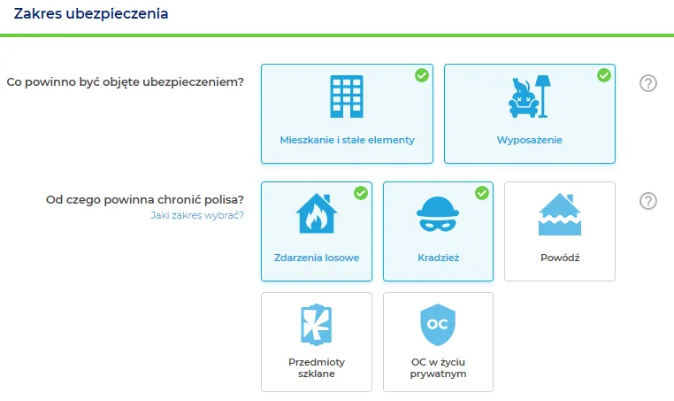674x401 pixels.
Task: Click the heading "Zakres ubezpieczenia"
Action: tap(91, 14)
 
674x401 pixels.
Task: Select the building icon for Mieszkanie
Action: tap(347, 96)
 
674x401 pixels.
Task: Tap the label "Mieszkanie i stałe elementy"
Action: tap(347, 140)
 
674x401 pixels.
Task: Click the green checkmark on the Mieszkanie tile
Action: tap(422, 75)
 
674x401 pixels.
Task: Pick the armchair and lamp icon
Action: tap(529, 96)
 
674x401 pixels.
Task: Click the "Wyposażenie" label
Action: tap(530, 140)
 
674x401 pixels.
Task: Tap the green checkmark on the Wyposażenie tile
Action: tap(604, 75)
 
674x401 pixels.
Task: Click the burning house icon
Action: tap(317, 213)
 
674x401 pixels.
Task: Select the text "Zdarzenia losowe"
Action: tap(317, 258)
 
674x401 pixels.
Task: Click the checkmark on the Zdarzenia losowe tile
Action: tap(361, 193)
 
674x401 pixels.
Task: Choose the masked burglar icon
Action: tap(438, 214)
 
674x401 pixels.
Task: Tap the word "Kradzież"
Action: tap(439, 258)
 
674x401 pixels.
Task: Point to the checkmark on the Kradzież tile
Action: tap(482, 193)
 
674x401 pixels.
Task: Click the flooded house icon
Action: tap(560, 214)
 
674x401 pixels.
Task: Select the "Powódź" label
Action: tap(560, 258)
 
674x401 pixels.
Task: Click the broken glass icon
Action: tap(317, 324)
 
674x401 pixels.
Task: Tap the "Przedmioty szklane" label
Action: tap(317, 368)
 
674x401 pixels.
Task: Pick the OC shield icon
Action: tap(438, 324)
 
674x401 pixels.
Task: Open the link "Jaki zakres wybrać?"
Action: tap(197, 215)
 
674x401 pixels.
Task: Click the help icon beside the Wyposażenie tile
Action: tap(648, 83)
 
